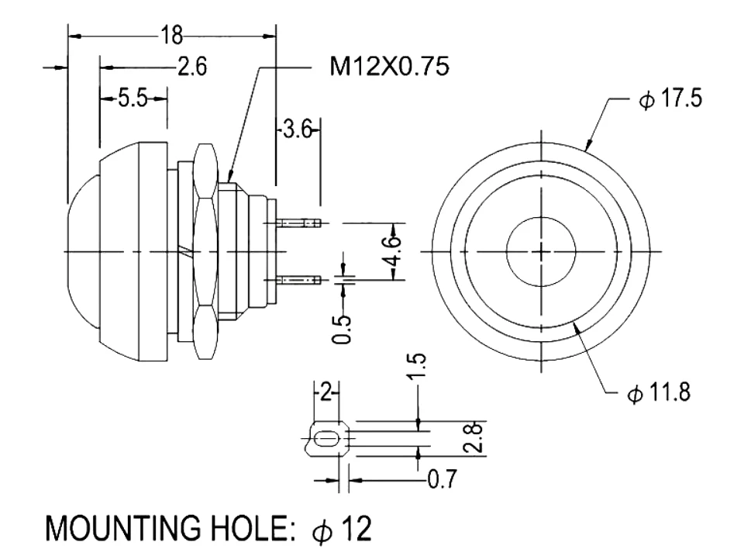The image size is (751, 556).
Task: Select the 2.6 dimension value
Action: coord(191,67)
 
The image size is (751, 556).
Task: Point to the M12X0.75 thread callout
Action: coord(389,67)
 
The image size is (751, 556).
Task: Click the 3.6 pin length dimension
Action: coord(297,130)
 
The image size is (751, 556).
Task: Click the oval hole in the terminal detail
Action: coord(326,440)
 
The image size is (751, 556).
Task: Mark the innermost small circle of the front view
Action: coord(540,250)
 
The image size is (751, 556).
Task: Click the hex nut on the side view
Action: coord(205,252)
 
